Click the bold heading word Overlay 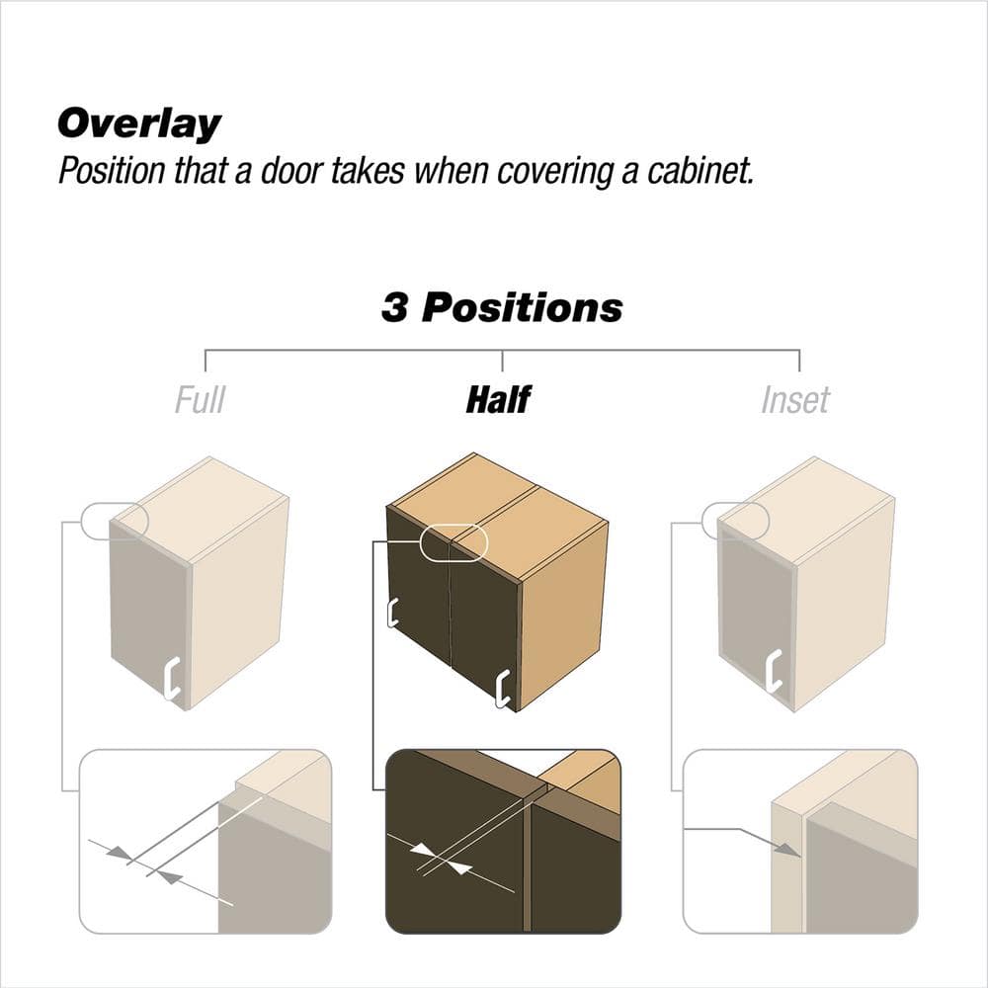pyautogui.click(x=139, y=123)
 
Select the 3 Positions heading pyautogui.click(x=502, y=307)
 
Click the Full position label pyautogui.click(x=200, y=399)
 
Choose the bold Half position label pyautogui.click(x=498, y=399)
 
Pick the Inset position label pyautogui.click(x=795, y=399)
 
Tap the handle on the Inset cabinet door pyautogui.click(x=774, y=670)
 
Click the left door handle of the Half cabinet pyautogui.click(x=392, y=612)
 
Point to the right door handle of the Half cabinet pyautogui.click(x=502, y=690)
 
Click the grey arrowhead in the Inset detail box pyautogui.click(x=787, y=849)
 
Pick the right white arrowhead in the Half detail pyautogui.click(x=460, y=868)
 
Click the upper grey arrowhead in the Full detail pyautogui.click(x=120, y=853)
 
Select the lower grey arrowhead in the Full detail pyautogui.click(x=169, y=877)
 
